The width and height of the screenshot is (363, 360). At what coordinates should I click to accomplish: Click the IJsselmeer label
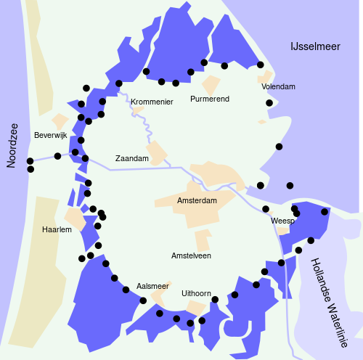(314, 46)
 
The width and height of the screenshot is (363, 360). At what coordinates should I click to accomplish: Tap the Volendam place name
(278, 87)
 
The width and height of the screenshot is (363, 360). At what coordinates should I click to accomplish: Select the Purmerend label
(210, 99)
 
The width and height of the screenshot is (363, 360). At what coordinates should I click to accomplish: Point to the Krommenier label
(152, 102)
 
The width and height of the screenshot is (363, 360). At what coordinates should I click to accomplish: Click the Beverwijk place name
(50, 136)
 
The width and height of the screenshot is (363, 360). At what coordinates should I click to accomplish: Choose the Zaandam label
(132, 158)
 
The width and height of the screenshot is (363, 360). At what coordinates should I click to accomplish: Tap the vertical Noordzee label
(12, 145)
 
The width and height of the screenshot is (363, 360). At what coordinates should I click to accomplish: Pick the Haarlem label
(57, 229)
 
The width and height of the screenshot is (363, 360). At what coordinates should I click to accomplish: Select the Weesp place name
(282, 221)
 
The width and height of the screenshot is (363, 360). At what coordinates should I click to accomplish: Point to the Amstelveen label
(191, 256)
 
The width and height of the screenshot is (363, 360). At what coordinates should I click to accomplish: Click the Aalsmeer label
(152, 287)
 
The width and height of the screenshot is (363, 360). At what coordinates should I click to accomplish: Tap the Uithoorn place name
(196, 293)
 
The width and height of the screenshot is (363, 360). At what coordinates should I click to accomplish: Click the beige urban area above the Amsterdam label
(211, 174)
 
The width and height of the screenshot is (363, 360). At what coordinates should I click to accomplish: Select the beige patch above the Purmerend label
(211, 84)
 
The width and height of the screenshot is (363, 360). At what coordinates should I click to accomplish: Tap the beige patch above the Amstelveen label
(203, 240)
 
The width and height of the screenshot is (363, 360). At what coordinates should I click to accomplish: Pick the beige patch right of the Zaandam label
(158, 152)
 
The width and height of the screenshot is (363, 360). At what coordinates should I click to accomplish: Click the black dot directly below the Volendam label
(269, 103)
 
